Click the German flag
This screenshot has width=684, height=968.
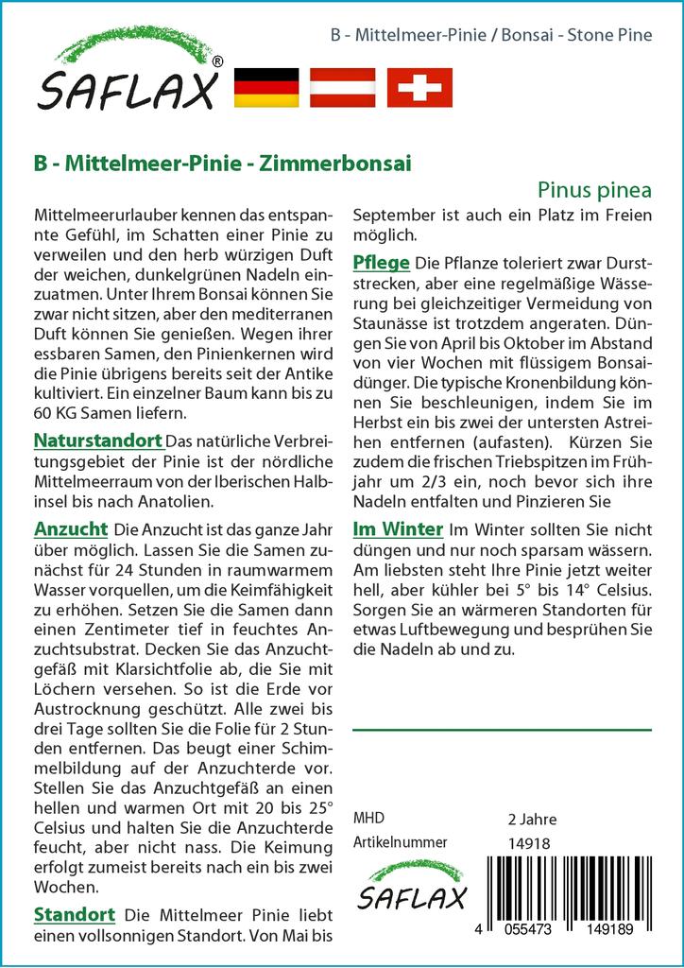265,87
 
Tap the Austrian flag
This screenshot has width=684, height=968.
343,87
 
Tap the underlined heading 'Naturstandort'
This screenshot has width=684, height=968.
98,441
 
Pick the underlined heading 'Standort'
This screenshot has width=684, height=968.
75,914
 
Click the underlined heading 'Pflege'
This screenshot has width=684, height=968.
381,262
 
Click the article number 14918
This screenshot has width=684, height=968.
529,843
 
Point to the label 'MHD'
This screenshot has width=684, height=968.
368,818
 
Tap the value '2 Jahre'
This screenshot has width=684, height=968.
532,819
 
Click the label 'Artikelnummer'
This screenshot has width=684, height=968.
400,842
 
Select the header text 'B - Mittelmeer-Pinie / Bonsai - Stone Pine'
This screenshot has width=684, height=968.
491,36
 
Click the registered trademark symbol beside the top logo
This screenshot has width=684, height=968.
218,61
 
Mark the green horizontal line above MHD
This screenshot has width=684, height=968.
502,730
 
